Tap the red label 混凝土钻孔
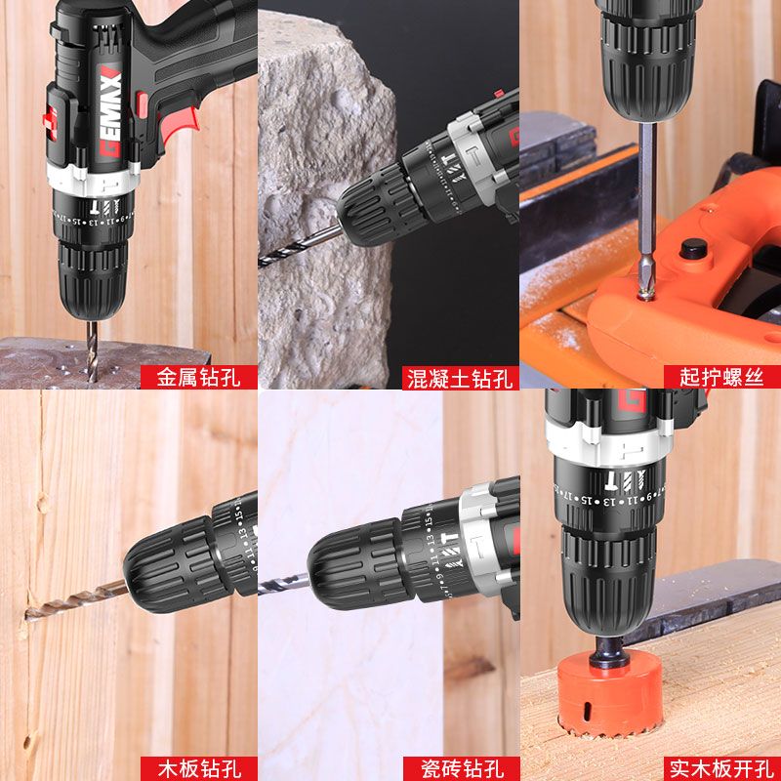click(459, 377)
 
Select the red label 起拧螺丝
click(721, 377)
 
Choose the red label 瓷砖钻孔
click(459, 767)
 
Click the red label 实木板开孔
click(721, 767)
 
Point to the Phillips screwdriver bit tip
click(645, 288)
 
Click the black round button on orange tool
click(695, 248)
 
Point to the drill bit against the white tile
click(282, 583)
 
